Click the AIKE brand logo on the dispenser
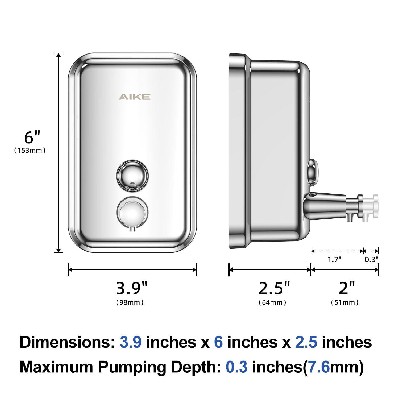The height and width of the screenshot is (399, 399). [x=134, y=97]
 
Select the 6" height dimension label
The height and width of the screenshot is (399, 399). [x=32, y=137]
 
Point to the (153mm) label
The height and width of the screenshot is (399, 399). [x=30, y=151]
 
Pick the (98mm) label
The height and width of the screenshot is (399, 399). [x=130, y=302]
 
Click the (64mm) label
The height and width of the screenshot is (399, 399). [x=272, y=302]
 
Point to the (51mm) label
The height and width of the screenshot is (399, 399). [x=345, y=302]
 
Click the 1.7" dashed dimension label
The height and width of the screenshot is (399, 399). [x=334, y=259]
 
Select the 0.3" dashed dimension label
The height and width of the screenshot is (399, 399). [x=371, y=259]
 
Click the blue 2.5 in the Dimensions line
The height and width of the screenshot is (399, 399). [x=306, y=342]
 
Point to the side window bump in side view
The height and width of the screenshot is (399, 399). [x=312, y=172]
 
